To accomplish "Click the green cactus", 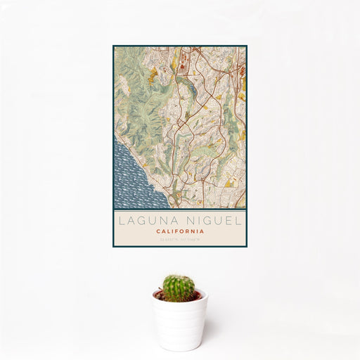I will tap(179, 287).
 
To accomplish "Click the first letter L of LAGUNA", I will tap(121, 220).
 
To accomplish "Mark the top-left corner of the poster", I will tap(112, 46).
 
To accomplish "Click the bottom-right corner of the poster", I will tap(247, 247).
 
